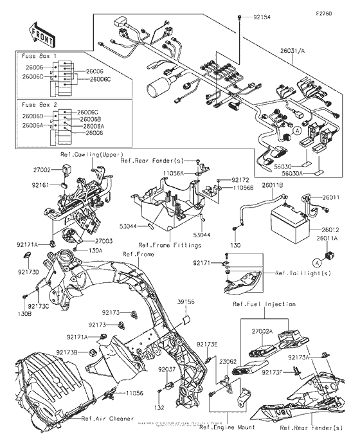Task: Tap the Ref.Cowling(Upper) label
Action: click(91, 155)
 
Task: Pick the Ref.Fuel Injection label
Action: click(264, 304)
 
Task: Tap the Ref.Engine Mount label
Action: click(226, 427)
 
